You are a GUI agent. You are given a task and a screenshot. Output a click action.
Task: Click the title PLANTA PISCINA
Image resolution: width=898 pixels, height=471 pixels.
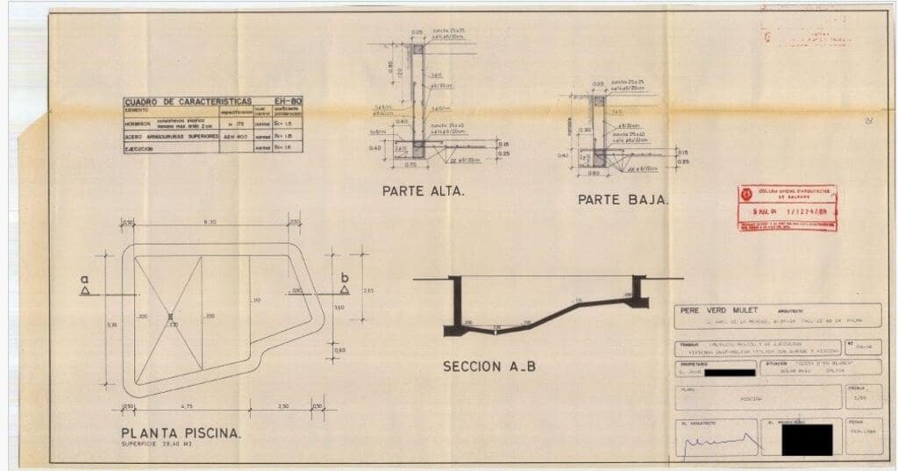(182, 432)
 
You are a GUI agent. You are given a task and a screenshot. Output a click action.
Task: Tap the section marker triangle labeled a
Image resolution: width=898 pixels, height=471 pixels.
(86, 290)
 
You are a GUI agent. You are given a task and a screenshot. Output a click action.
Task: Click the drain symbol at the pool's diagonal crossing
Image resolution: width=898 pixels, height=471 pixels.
(171, 316)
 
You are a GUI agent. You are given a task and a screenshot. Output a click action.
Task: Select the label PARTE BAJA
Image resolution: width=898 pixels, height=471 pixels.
(623, 200)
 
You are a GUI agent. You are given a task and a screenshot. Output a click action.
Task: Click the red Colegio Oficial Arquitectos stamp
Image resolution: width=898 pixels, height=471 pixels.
(787, 208)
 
